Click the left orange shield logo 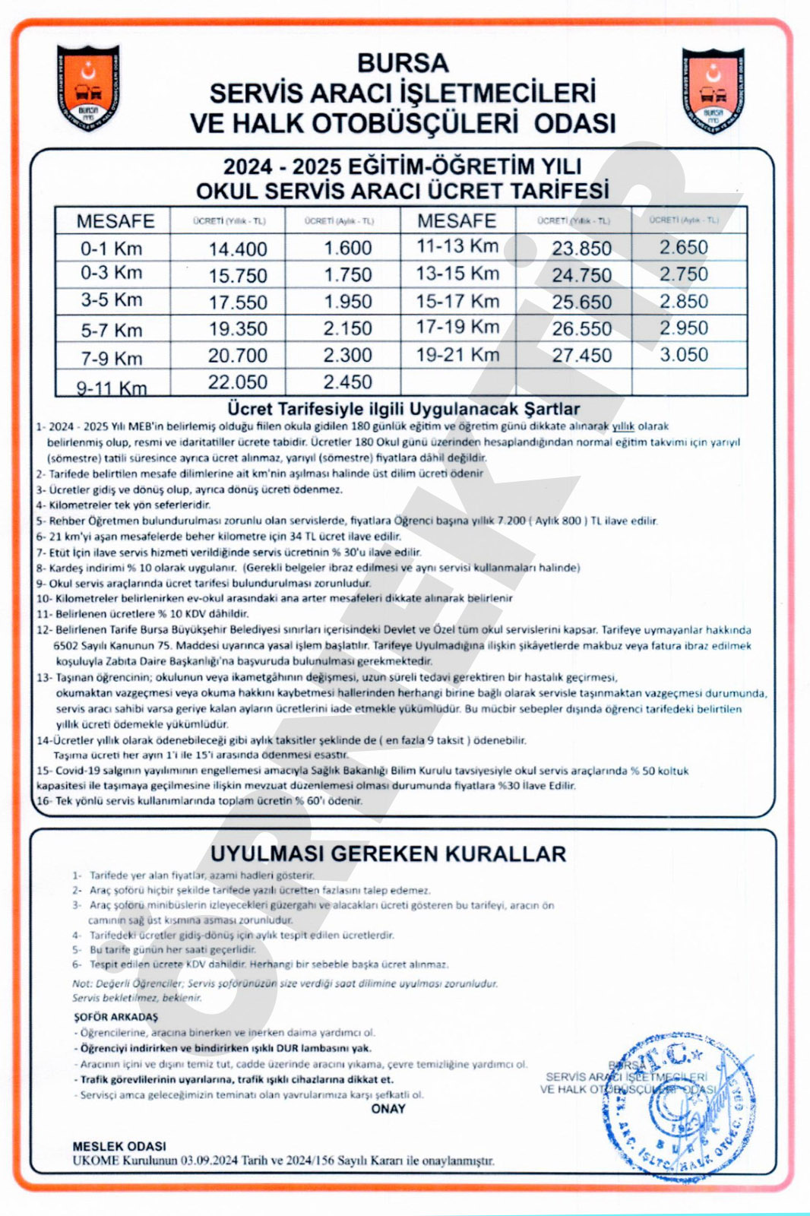[x=88, y=87]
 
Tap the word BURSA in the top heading [x=403, y=62]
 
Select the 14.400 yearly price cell [x=238, y=249]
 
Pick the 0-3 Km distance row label [x=112, y=273]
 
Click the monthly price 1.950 [x=348, y=302]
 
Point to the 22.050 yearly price [x=238, y=382]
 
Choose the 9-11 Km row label [x=112, y=388]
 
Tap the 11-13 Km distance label [x=457, y=246]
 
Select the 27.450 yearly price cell [x=582, y=356]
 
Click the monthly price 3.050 [x=684, y=355]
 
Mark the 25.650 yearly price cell [x=582, y=302]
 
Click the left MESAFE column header [x=115, y=221]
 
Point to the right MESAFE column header [x=457, y=220]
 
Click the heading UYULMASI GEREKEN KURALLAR [x=388, y=853]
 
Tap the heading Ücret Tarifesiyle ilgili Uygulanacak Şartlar [x=403, y=409]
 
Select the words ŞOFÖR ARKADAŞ [x=115, y=1017]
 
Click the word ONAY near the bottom [x=388, y=1109]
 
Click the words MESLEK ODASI [x=119, y=1146]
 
